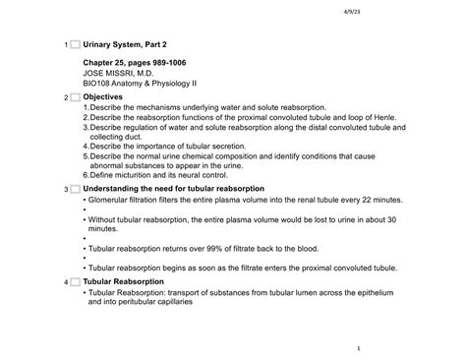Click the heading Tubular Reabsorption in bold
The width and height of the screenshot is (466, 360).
click(x=124, y=282)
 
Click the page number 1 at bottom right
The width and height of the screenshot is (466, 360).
click(x=360, y=348)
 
